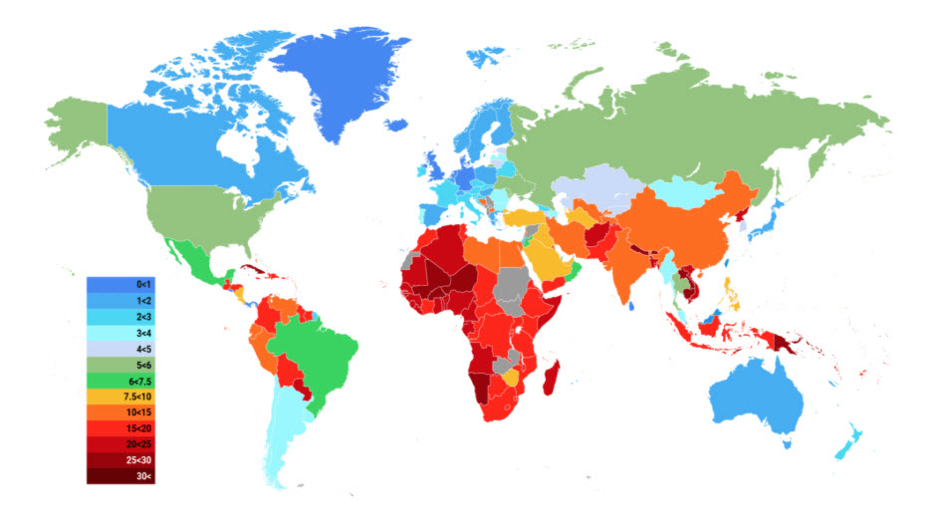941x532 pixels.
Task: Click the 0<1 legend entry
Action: tap(121, 285)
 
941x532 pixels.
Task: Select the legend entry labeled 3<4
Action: tap(121, 333)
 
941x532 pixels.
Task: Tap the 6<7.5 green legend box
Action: tap(121, 381)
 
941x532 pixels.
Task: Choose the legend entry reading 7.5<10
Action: tap(121, 397)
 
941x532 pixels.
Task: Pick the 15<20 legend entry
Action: tap(121, 428)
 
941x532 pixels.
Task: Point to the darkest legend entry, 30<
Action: tap(121, 476)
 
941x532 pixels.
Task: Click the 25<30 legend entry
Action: tap(121, 460)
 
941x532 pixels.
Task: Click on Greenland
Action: tap(339, 80)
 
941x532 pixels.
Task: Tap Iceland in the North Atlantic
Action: tap(397, 126)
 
